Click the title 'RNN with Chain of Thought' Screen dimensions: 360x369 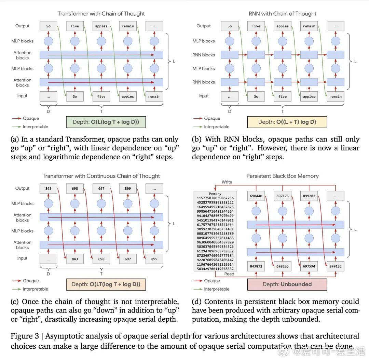pos(282,14)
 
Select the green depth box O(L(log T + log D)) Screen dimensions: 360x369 pos(106,122)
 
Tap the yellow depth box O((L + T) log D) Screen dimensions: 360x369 pos(287,122)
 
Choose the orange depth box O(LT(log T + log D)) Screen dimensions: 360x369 pos(106,284)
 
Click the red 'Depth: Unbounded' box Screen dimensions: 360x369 pos(287,284)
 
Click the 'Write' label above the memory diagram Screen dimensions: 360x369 pos(227,182)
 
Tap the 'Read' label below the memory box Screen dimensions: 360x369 pos(229,274)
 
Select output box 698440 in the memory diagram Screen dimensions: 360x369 pos(256,196)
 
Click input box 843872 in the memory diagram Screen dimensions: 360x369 pos(256,266)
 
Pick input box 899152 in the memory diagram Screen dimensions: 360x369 pos(335,266)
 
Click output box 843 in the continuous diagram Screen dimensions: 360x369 pos(48,188)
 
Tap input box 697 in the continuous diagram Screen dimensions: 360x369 pos(128,259)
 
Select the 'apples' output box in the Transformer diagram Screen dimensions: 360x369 pos(101,26)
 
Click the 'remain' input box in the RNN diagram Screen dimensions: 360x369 pos(335,96)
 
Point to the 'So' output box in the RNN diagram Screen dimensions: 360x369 pos(230,26)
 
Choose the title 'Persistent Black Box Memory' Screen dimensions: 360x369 pos(282,176)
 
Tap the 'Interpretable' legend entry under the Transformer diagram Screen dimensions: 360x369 pos(35,126)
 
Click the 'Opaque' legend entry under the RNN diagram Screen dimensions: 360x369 pos(212,118)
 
